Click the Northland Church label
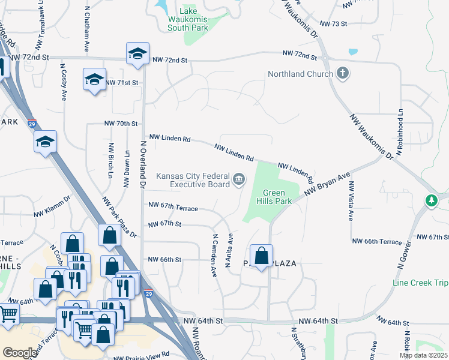click(300, 74)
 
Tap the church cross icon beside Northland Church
click(343, 74)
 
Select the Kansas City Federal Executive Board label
click(193, 180)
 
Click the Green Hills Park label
click(277, 197)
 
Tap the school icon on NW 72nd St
click(137, 54)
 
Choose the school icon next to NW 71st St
click(94, 80)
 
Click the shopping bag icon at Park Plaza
click(261, 256)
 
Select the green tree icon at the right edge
click(430, 200)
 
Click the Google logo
click(19, 353)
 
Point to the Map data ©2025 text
click(423, 355)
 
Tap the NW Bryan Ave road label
click(327, 185)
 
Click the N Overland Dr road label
click(143, 164)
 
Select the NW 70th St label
click(121, 123)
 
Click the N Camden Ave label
click(213, 255)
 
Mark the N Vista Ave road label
click(351, 200)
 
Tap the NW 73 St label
click(334, 23)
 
